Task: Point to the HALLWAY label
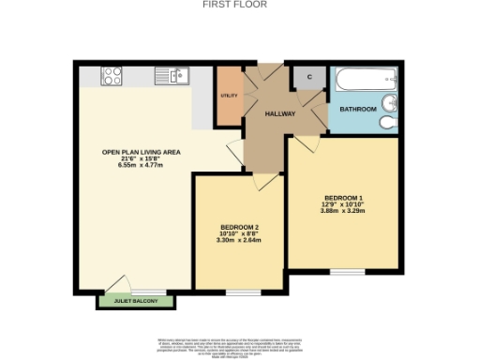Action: [280, 114]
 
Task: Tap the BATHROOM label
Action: [358, 110]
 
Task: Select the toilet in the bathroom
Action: [390, 121]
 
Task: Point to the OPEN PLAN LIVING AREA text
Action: [142, 152]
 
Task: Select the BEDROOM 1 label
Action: [343, 197]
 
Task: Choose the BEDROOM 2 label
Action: [239, 227]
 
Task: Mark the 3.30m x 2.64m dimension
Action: [239, 241]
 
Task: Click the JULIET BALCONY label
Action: [137, 301]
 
